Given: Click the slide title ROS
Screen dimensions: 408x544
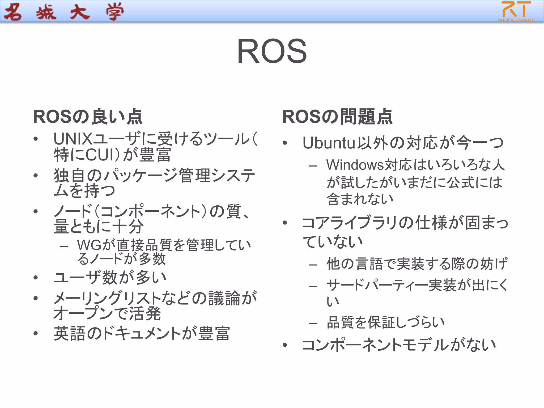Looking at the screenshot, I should click(272, 51).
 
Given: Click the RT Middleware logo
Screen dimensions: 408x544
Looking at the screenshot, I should click(516, 11).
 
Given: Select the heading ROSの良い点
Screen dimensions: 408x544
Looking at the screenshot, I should click(88, 117).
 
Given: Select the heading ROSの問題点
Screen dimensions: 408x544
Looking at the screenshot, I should click(337, 117).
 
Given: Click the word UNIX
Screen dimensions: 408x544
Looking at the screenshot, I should click(73, 139).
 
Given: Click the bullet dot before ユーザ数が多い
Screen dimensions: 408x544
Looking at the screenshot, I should click(36, 278).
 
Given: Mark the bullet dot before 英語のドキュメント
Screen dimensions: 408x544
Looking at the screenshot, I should click(36, 334).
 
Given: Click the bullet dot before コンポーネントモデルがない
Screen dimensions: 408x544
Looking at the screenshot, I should click(285, 345).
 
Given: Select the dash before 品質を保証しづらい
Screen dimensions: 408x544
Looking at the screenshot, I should click(313, 323).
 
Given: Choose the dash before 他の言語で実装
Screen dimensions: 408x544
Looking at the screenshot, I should click(313, 265).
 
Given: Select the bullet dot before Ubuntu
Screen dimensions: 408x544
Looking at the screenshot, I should click(285, 143).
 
